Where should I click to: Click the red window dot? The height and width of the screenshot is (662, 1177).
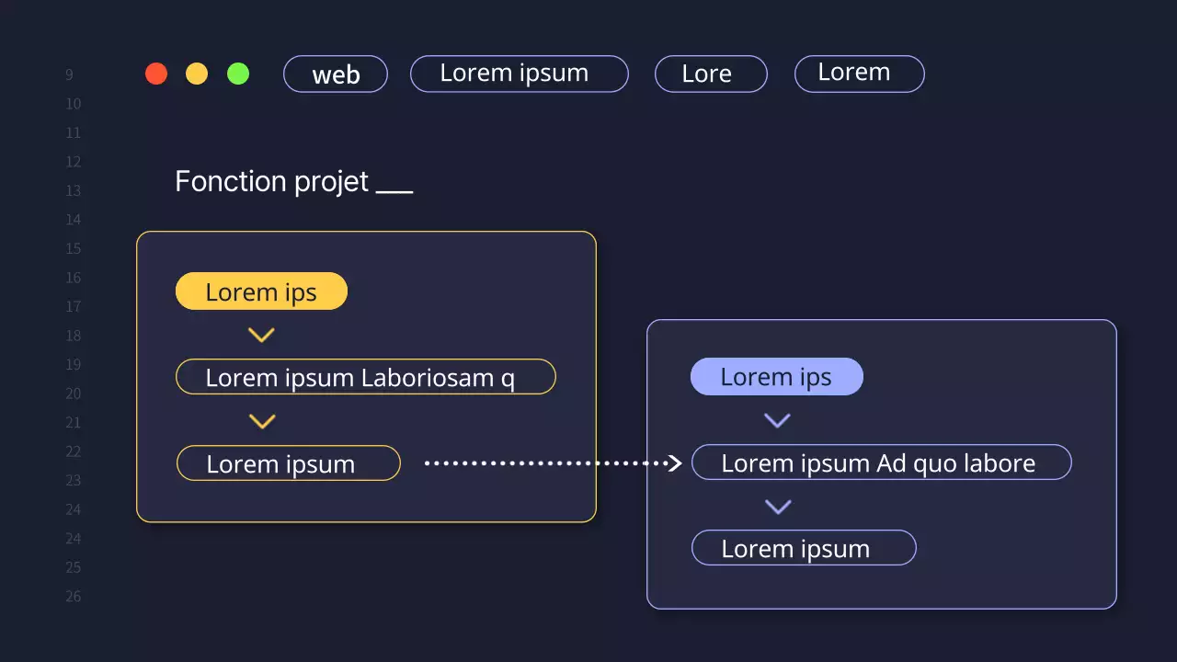(156, 74)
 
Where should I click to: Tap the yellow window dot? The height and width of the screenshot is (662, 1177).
(197, 74)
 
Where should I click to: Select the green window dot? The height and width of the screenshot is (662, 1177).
(238, 74)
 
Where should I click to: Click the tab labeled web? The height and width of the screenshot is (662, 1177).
(336, 74)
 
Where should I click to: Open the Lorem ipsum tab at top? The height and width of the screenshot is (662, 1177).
(519, 74)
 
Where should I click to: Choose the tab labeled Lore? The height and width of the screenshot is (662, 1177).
(711, 74)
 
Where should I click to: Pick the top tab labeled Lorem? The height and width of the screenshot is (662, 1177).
(859, 74)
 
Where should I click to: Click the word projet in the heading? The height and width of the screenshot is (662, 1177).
(332, 182)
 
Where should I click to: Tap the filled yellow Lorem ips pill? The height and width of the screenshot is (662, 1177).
(261, 291)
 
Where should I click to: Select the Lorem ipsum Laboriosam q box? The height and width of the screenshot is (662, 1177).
(365, 377)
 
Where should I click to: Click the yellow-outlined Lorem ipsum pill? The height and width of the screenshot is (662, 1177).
(288, 463)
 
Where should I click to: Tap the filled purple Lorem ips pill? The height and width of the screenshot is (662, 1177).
(776, 377)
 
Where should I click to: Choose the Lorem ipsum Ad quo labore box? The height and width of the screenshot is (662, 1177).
(881, 462)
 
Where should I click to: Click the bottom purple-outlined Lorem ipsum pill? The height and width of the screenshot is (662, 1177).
(804, 548)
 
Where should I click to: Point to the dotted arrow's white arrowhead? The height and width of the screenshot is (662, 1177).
(675, 463)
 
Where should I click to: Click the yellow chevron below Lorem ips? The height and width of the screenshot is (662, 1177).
(262, 336)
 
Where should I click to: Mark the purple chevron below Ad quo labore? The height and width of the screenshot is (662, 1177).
(778, 507)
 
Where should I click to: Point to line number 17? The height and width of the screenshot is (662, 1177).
(74, 306)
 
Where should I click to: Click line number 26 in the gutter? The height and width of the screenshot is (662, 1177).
(74, 596)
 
